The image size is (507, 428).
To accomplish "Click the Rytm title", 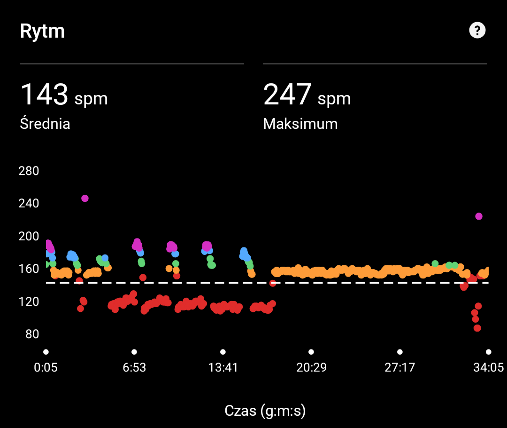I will pos(42,32).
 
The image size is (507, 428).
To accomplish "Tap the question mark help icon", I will pos(477,31).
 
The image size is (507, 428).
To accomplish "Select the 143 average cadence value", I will pos(45,94).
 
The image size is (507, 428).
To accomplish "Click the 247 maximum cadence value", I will pos(287,94).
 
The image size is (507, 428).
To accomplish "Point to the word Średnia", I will pos(45,124).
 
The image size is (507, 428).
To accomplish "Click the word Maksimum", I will pos(300,124).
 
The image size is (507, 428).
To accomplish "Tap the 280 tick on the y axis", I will pos(29,171).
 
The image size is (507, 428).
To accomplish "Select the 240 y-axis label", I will pos(29,204).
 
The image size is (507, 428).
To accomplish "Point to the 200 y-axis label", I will pos(29,236).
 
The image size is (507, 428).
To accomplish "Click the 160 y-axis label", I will pos(29,269).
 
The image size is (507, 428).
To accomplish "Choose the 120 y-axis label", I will pos(29,301).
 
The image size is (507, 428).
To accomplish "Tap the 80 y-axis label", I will pos(29,334).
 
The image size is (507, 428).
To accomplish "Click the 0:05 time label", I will pos(46,367).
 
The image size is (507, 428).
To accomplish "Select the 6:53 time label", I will pos(134,367).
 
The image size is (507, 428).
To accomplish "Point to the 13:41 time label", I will pos(223,367).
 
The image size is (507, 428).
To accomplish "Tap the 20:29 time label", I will pos(311,367).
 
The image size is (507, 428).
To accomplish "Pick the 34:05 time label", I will pos(488,367).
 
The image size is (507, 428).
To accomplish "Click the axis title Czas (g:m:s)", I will pos(265,411).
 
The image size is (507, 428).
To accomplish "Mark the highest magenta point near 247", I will pos(85,198).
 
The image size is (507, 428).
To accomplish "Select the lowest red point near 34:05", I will pos(477,328).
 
